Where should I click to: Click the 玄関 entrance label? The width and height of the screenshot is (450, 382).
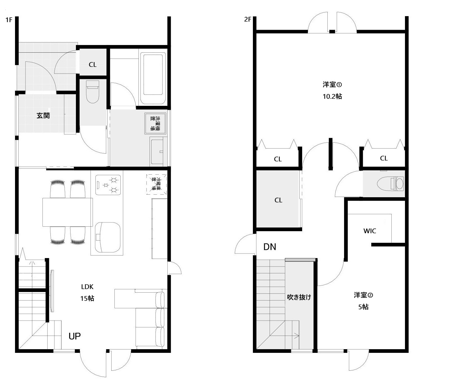(x=43, y=115)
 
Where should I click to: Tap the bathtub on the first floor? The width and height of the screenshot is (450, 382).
(x=153, y=78)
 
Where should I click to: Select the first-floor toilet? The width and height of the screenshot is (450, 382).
(x=92, y=92)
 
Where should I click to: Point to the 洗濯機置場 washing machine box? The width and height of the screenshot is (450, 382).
(x=155, y=123)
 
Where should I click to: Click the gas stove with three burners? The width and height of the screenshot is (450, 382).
(x=108, y=185)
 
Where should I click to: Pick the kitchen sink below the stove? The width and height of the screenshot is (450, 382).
(x=107, y=237)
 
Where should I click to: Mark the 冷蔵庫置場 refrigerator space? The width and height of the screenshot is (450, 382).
(x=156, y=184)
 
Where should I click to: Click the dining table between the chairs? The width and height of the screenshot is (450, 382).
(x=68, y=212)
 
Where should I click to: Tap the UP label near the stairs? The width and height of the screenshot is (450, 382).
(x=75, y=336)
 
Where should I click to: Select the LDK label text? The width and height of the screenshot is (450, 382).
(x=87, y=287)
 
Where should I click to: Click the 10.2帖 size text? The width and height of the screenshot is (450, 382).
(x=332, y=96)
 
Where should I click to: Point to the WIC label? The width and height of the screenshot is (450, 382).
(x=370, y=231)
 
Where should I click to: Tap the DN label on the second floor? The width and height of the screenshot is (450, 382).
(x=270, y=247)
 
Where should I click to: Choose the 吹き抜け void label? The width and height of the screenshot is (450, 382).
(x=299, y=297)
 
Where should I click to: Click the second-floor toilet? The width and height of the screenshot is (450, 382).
(x=390, y=184)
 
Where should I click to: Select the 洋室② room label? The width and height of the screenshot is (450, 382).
(x=363, y=295)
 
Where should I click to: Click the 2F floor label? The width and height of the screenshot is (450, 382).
(x=248, y=20)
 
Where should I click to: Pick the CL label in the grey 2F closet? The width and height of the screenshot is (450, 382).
(x=278, y=200)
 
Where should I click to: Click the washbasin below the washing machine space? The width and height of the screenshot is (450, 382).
(x=157, y=152)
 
